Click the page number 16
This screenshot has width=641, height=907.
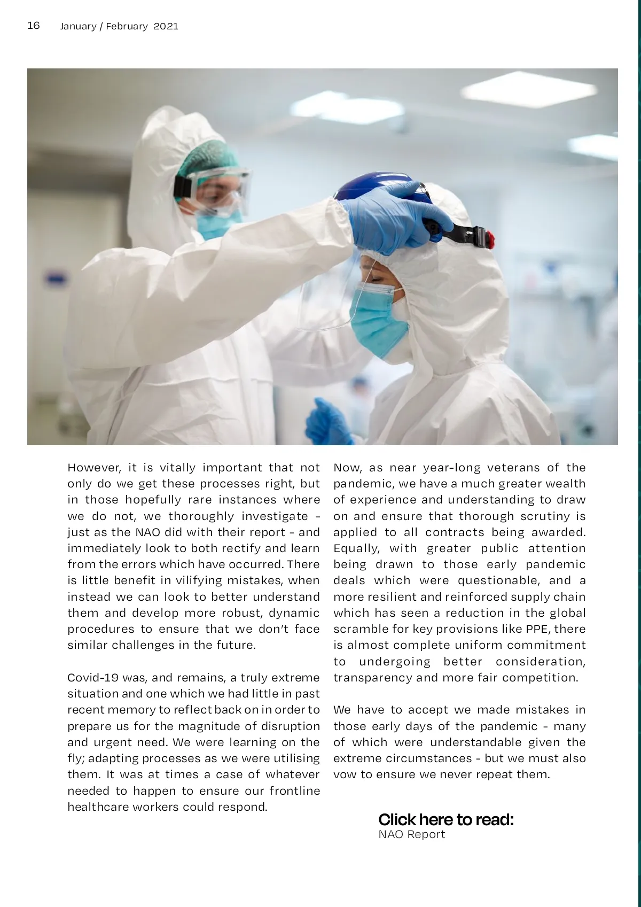coord(34,26)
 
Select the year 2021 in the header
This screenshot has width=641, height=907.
coord(166,26)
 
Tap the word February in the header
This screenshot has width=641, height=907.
coord(127,26)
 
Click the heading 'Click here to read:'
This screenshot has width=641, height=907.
coord(446,819)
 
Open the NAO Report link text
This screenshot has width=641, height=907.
coord(411,834)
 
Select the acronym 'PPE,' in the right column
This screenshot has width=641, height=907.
coord(536,629)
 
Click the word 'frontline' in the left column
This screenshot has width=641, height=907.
coord(294,791)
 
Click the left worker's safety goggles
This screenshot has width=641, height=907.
coord(219,187)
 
